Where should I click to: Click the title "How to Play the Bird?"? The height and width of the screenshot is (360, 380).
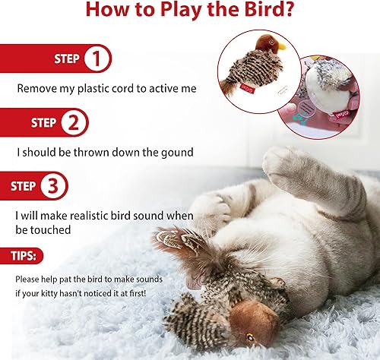(189, 12)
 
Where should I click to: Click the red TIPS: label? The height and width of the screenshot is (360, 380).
(22, 256)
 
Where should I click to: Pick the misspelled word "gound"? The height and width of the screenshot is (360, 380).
(176, 152)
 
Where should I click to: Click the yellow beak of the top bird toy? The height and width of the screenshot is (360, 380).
(280, 46)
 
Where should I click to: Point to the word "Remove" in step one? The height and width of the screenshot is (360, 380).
(35, 89)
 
